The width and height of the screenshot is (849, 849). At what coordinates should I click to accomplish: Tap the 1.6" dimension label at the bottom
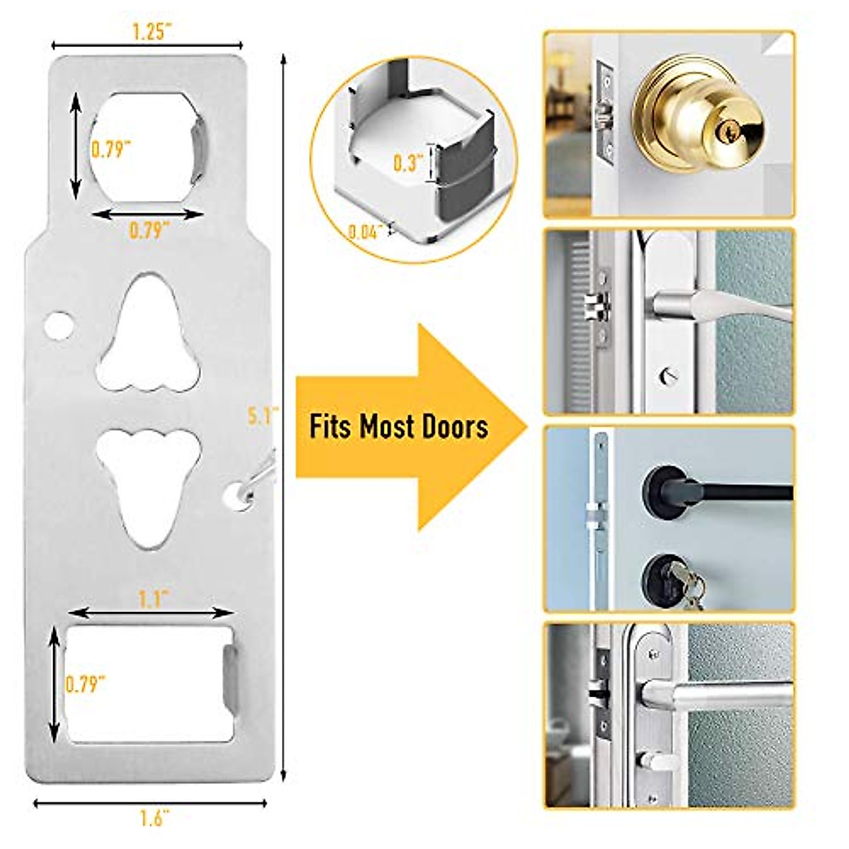(151, 819)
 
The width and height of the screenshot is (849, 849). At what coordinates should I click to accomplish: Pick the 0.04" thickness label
(366, 231)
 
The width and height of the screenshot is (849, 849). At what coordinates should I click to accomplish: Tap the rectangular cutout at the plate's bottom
(149, 683)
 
